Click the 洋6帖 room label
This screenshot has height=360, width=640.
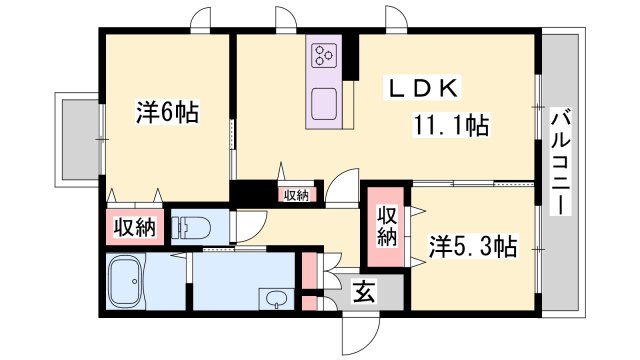click(x=166, y=112)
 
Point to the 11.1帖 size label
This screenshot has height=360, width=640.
click(x=452, y=126)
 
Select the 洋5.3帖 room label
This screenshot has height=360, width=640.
click(x=474, y=244)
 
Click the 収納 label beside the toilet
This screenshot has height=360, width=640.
click(x=133, y=227)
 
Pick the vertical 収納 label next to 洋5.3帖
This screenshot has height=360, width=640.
click(x=387, y=225)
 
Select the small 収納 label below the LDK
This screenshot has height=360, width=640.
click(x=295, y=195)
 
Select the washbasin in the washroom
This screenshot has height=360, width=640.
click(x=274, y=297)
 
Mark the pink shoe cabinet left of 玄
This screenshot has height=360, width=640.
click(x=310, y=283)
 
